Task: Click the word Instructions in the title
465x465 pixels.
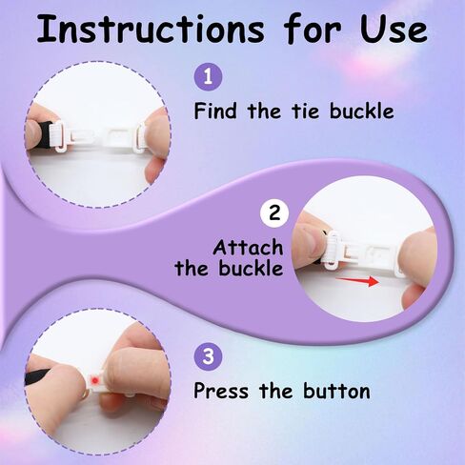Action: click(x=151, y=29)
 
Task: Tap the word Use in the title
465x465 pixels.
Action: click(x=394, y=30)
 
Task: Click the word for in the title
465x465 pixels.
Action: click(x=313, y=29)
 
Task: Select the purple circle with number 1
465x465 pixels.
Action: click(x=208, y=76)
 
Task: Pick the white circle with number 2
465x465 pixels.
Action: click(x=274, y=213)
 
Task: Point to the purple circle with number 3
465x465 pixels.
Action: click(x=208, y=356)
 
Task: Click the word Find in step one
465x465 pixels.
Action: click(x=215, y=111)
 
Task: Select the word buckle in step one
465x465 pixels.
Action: click(x=362, y=111)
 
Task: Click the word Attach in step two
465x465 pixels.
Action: click(x=248, y=247)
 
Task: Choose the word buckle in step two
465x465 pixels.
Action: click(x=251, y=268)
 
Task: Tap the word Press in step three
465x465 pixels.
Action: click(x=221, y=391)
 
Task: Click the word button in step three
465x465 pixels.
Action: click(x=336, y=391)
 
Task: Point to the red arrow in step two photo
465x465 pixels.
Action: click(x=357, y=281)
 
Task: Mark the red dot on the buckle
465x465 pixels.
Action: click(x=94, y=380)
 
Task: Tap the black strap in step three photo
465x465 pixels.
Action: click(x=37, y=375)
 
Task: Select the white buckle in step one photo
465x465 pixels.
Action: click(x=98, y=137)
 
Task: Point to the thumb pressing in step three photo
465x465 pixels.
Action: click(x=134, y=374)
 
